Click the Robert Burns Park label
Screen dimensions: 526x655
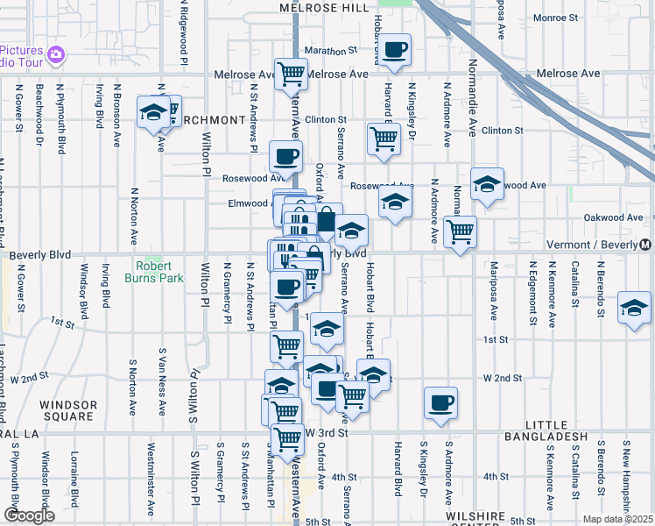[158, 272]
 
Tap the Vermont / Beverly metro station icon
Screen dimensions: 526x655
[645, 245]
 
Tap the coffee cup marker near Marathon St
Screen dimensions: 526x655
[395, 50]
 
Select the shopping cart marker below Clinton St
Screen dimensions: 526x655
[384, 139]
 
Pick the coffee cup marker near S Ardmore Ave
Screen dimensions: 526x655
[440, 403]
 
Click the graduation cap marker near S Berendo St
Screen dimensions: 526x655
[634, 308]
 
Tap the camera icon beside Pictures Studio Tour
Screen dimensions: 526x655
[57, 54]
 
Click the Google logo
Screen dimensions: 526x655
[29, 515]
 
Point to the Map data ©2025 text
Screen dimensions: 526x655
[618, 519]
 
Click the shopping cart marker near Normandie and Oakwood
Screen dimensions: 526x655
[460, 232]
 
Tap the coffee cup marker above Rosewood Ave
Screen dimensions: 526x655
[285, 157]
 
